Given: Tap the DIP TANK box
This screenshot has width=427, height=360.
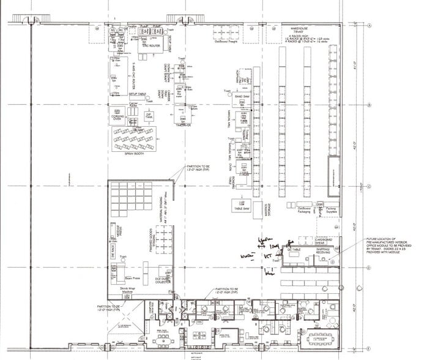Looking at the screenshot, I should (148, 116).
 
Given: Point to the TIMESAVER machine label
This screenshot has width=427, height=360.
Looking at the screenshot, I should (182, 123).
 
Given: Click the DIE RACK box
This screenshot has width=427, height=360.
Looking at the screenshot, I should (113, 250).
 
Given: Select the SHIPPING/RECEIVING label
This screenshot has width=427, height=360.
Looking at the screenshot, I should (324, 249).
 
